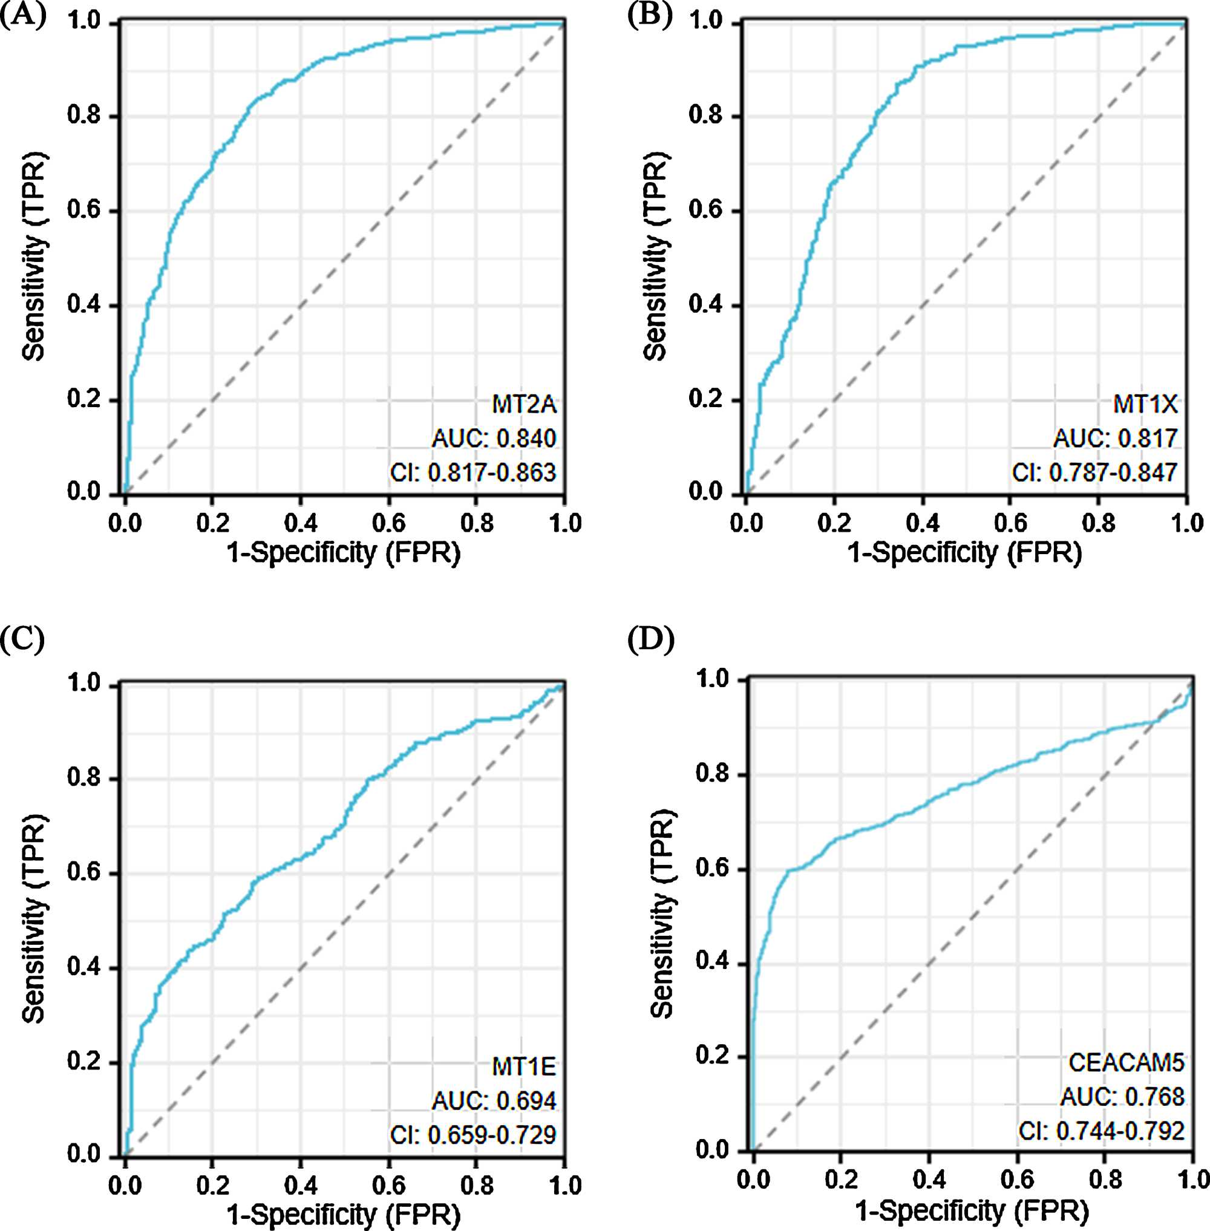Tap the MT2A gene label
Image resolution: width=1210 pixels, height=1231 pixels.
pos(525,404)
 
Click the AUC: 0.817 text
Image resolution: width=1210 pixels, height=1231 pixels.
pos(1115,439)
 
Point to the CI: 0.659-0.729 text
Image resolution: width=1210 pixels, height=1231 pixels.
pos(473,1134)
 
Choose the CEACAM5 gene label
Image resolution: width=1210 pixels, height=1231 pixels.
pos(1126,1062)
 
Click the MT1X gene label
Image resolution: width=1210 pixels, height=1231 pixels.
pos(1145,404)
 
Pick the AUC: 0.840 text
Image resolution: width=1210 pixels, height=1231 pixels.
pos(494,439)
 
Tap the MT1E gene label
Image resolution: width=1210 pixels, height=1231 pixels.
pos(525,1066)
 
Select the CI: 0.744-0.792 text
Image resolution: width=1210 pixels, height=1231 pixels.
pos(1101,1131)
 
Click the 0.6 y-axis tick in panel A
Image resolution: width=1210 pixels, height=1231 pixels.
pos(84,211)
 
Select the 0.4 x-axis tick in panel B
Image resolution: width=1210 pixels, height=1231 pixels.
pos(922,523)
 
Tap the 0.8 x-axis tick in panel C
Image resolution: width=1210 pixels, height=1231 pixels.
pos(477,1185)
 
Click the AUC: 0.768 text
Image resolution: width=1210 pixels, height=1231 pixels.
pos(1122,1096)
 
